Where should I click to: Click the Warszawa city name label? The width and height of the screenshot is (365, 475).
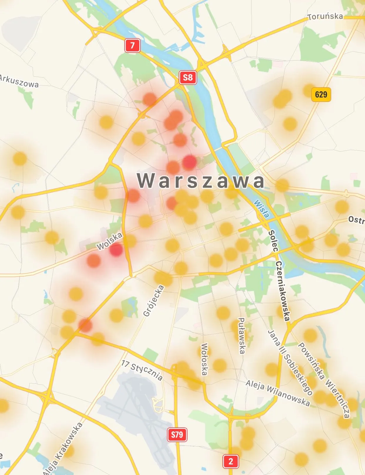tap(201, 180)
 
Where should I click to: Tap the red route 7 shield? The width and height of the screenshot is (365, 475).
tap(132, 46)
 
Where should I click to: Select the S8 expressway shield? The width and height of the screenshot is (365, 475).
tap(188, 78)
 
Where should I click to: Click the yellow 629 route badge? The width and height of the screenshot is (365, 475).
tap(321, 94)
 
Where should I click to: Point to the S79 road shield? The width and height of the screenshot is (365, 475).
tap(177, 434)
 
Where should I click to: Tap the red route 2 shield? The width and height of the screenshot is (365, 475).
tap(231, 461)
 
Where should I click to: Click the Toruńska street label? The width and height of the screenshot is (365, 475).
tap(325, 16)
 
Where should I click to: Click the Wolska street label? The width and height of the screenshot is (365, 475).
tap(109, 241)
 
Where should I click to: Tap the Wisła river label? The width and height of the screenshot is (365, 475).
tap(261, 209)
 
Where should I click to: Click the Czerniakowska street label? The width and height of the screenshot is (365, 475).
tap(283, 291)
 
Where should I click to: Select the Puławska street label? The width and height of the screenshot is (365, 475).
tap(242, 335)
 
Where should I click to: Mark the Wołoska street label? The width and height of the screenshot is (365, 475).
tap(205, 359)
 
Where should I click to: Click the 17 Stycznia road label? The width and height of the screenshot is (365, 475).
tap(142, 370)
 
